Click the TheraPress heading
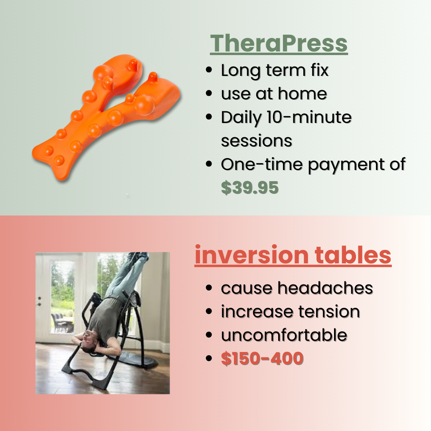point(279,43)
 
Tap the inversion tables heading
point(293,255)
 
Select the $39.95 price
point(250,188)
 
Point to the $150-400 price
point(262,358)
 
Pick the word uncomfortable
point(284,335)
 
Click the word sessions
point(257,141)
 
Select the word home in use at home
point(302,93)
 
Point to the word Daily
point(241,118)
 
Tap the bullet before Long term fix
point(209,70)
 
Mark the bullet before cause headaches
point(209,288)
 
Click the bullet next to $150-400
point(209,358)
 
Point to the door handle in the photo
point(40,301)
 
